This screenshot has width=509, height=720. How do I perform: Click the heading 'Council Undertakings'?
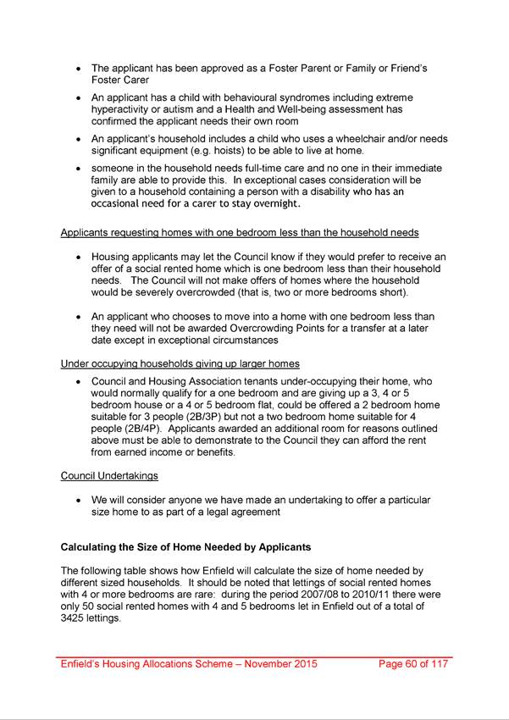point(109,475)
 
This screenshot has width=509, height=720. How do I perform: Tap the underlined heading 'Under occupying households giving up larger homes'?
point(180,364)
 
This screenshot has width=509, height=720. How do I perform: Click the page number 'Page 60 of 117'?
point(412,664)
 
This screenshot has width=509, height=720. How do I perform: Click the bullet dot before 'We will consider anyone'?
point(79,500)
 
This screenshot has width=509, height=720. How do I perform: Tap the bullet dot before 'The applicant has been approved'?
point(79,68)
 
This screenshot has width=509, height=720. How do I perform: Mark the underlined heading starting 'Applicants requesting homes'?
point(240,233)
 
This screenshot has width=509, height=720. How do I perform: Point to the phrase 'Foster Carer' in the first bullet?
point(121,80)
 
